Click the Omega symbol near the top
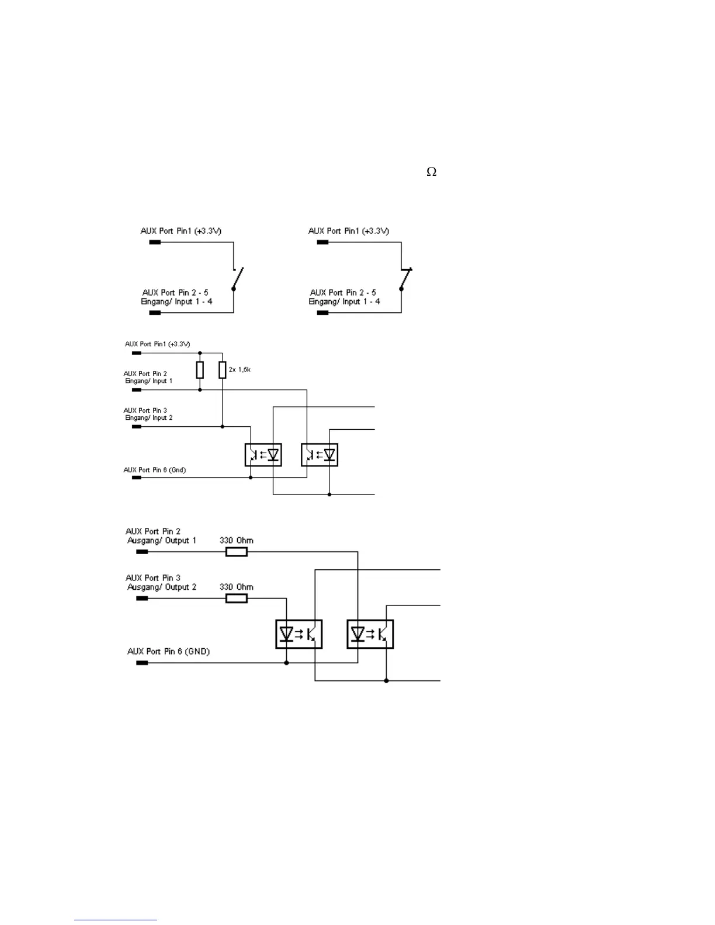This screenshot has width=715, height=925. click(x=432, y=172)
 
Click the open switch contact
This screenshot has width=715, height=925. click(x=237, y=279)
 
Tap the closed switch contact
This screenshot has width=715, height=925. click(x=405, y=279)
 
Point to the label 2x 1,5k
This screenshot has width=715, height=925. click(x=240, y=370)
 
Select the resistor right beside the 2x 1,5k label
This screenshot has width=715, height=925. click(x=223, y=370)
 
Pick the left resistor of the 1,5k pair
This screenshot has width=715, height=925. click(x=200, y=370)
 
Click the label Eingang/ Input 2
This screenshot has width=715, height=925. click(x=149, y=418)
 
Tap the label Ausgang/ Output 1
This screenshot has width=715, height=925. click(x=162, y=541)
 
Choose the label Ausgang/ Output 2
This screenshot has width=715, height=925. click(x=162, y=587)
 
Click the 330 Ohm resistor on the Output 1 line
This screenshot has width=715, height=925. click(x=237, y=551)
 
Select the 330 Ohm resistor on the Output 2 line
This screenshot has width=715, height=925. click(x=237, y=598)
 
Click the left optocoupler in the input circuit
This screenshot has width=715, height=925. click(x=263, y=454)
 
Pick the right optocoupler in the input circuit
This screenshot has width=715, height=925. click(x=320, y=454)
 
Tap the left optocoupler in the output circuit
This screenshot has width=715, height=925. click(x=299, y=634)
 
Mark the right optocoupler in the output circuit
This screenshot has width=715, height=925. click(x=370, y=634)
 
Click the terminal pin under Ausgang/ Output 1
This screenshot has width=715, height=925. click(x=141, y=551)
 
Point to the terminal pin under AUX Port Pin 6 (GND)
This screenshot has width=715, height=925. click(x=141, y=663)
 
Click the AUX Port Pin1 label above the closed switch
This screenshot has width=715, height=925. click(x=349, y=231)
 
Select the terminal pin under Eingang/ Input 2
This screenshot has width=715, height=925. click(x=137, y=427)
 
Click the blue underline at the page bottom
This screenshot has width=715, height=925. click(x=116, y=920)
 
